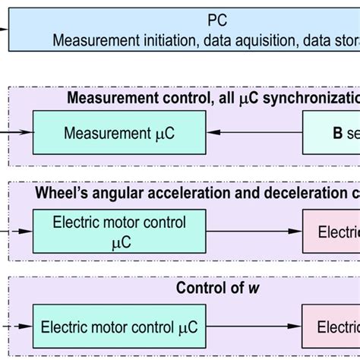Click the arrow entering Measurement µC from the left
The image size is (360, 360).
(x=17, y=132)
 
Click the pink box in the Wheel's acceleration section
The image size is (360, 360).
(x=331, y=231)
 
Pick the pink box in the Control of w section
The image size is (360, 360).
(x=331, y=327)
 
